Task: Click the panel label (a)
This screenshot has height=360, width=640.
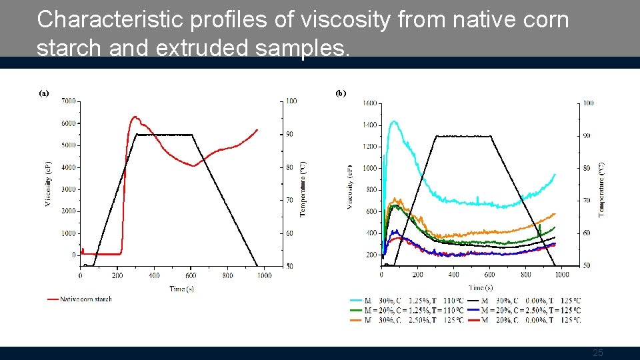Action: (x=43, y=93)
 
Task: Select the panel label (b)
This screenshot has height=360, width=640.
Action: (x=341, y=93)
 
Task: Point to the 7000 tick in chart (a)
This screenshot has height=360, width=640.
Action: (x=68, y=101)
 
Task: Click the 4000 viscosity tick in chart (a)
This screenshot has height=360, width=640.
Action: (x=68, y=167)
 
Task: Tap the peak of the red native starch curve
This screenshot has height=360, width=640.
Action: (x=135, y=117)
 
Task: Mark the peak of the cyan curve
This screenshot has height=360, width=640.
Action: (x=393, y=121)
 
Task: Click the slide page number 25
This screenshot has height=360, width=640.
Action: (x=598, y=353)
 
